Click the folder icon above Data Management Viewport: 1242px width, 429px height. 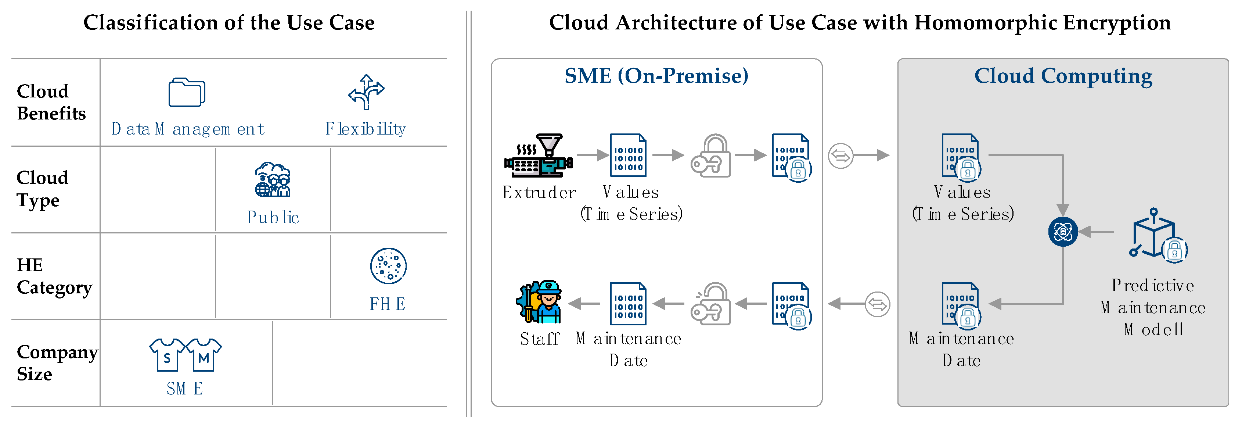pos(187,92)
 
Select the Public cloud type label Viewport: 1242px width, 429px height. pos(273,217)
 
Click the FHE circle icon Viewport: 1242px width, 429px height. pos(388,266)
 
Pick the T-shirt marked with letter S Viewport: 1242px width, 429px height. pos(167,355)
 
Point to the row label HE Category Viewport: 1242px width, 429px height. pos(54,276)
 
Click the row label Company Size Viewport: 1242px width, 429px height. pos(57,362)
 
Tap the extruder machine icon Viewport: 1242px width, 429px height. pos(539,155)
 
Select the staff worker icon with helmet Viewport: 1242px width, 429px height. pos(540,302)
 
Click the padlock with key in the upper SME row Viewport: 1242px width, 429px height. pos(711,155)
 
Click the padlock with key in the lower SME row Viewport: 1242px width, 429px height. pos(711,304)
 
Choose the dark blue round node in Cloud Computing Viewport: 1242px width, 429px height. pos(1063,232)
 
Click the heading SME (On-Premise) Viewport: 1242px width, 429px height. pos(656,76)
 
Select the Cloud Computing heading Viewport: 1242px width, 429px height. pos(1063,76)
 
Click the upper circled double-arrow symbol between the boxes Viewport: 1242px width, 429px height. pos(840,156)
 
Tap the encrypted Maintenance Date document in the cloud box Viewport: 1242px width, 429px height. pos(961,304)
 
